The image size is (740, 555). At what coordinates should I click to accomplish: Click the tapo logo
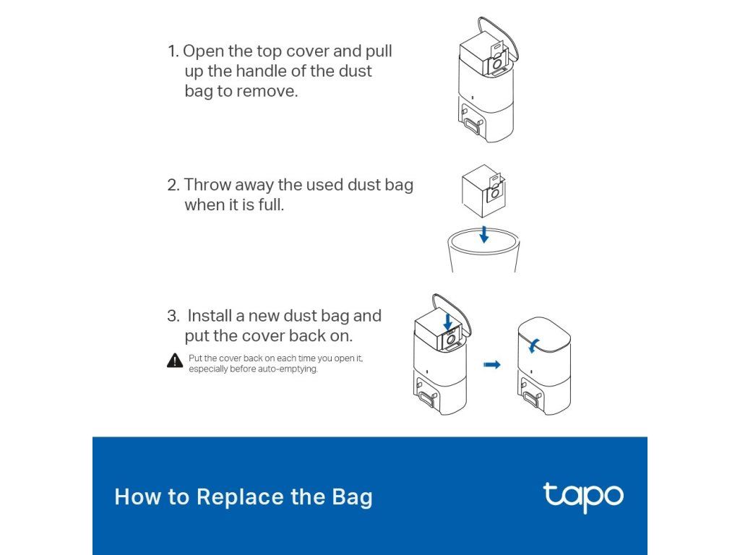click(x=583, y=497)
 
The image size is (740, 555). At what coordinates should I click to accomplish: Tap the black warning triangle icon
click(x=175, y=361)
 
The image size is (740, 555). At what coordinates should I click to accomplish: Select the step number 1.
click(x=172, y=51)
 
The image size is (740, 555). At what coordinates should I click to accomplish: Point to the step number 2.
click(x=173, y=185)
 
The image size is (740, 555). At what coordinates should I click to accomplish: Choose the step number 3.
click(x=173, y=316)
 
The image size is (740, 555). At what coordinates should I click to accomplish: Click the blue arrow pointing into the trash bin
click(x=483, y=234)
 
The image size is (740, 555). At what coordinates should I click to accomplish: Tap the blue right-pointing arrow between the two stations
click(x=491, y=364)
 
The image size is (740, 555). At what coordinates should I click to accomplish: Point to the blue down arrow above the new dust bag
click(x=448, y=322)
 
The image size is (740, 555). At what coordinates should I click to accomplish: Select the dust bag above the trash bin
click(x=483, y=191)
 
